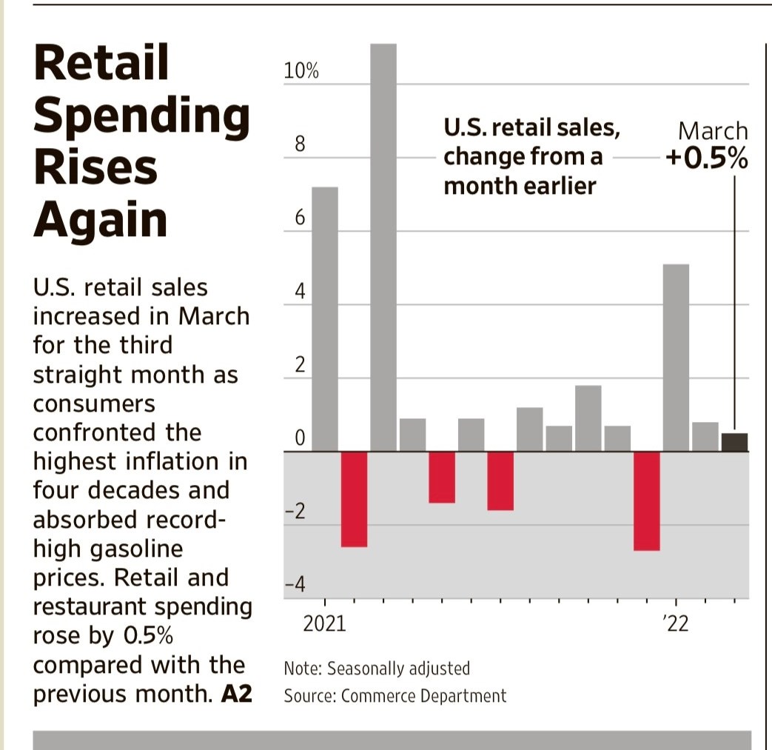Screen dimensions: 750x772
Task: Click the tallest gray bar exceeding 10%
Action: (x=383, y=244)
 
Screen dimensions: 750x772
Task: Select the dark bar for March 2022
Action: (x=734, y=442)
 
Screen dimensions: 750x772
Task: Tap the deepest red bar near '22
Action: (x=646, y=500)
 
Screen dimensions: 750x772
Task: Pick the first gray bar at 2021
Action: (x=325, y=318)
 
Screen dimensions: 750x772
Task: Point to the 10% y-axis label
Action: (x=301, y=72)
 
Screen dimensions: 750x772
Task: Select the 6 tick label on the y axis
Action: (x=300, y=219)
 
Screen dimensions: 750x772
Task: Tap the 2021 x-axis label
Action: (x=325, y=624)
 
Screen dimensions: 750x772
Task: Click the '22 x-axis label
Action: (x=676, y=624)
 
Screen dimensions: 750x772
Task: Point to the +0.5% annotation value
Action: (x=707, y=159)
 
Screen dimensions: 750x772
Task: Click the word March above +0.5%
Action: (x=713, y=132)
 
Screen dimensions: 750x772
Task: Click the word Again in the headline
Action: (x=101, y=219)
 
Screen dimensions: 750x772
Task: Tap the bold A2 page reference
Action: (x=237, y=694)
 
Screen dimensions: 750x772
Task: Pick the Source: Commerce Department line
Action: (x=395, y=696)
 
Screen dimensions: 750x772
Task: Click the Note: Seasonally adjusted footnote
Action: (x=377, y=669)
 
